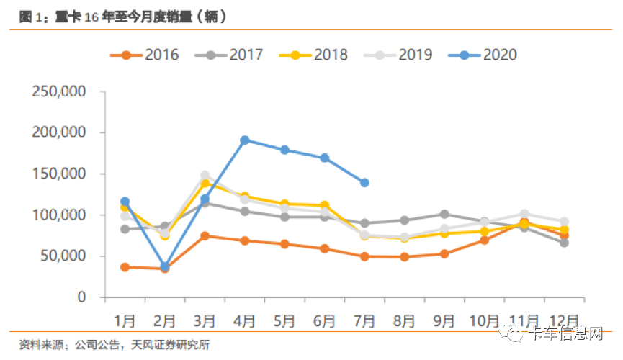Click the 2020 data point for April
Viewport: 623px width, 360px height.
(x=245, y=140)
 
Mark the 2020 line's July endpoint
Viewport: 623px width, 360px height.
(x=365, y=183)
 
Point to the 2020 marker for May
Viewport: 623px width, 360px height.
(x=285, y=150)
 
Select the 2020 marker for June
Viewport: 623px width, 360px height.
(x=325, y=158)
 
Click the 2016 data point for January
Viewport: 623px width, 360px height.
(x=125, y=267)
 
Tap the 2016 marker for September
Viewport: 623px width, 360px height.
(x=444, y=253)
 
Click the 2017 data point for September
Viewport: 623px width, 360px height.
(x=444, y=214)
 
